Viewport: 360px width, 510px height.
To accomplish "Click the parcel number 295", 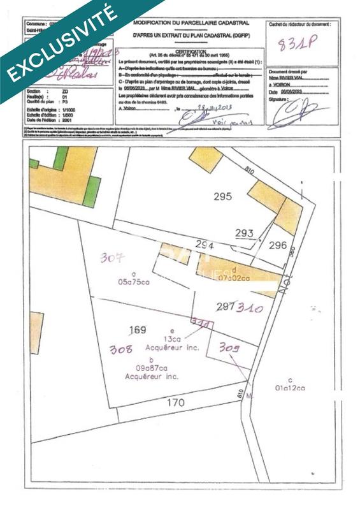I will pyautogui.click(x=222, y=196).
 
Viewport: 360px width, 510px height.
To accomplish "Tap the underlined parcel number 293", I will pyautogui.click(x=244, y=233).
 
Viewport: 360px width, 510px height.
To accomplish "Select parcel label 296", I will pyautogui.click(x=278, y=244).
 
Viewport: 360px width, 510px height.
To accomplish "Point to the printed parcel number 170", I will pyautogui.click(x=176, y=402).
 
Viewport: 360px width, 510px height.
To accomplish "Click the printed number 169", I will pyautogui.click(x=138, y=330).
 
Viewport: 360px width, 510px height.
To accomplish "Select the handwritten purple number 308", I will pyautogui.click(x=121, y=349).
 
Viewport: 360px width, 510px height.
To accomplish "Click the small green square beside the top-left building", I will pyautogui.click(x=92, y=192).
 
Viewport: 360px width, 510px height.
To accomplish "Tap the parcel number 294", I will pyautogui.click(x=204, y=245).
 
